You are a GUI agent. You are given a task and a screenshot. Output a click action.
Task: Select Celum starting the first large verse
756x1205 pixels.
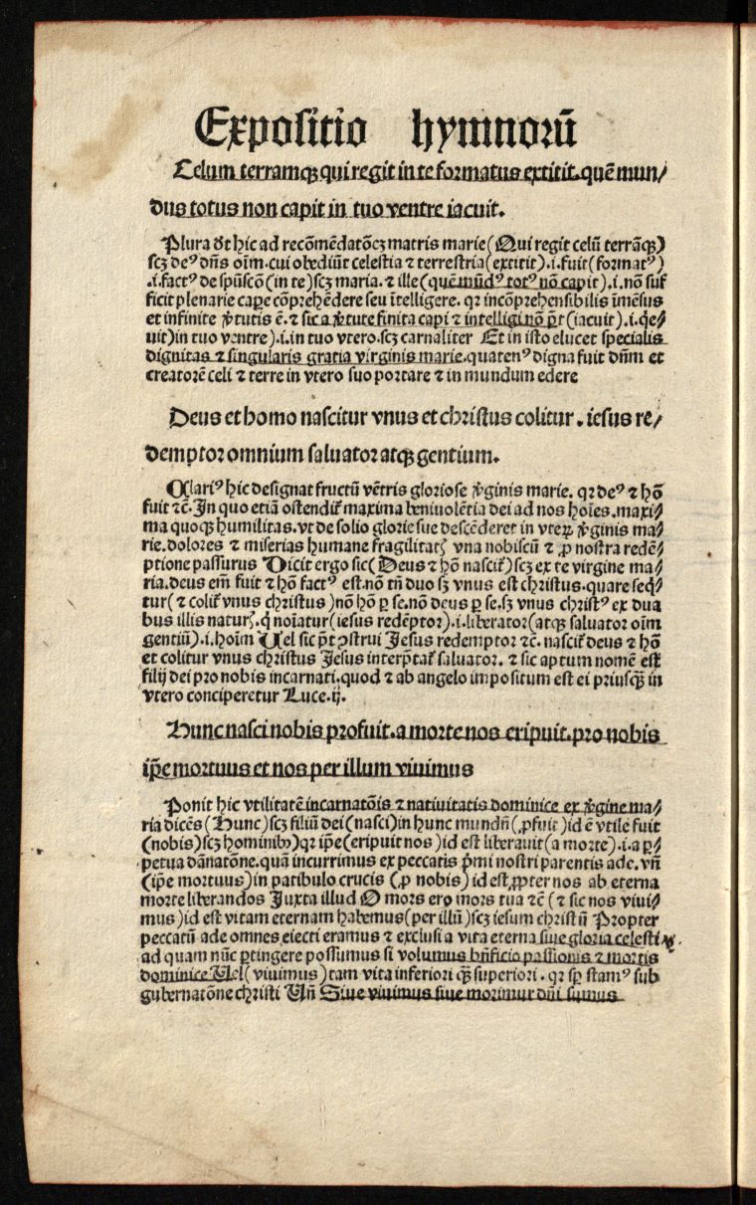(204, 175)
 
